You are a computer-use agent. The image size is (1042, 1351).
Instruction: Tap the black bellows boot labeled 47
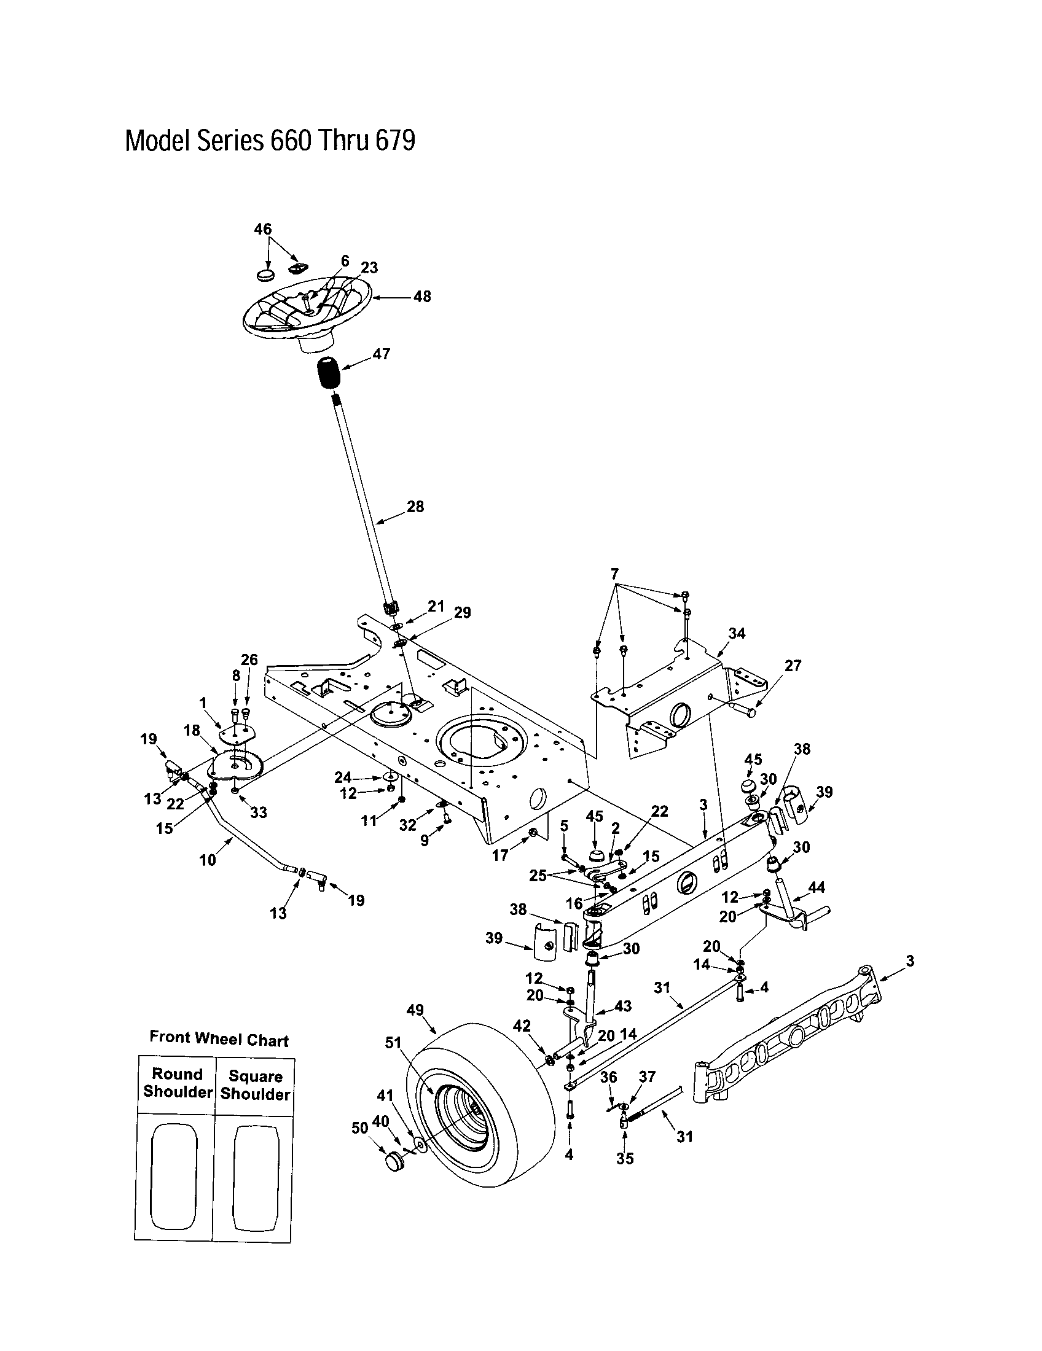(329, 373)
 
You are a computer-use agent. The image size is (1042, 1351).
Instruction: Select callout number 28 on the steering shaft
(415, 507)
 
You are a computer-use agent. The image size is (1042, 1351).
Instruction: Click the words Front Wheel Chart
(219, 1039)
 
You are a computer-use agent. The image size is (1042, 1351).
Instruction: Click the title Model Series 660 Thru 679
(270, 141)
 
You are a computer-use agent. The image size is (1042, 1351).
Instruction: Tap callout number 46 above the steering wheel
(262, 229)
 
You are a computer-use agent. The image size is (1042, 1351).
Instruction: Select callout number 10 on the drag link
(207, 859)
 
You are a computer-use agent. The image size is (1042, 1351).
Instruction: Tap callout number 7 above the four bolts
(614, 574)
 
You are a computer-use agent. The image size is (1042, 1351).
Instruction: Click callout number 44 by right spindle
(816, 888)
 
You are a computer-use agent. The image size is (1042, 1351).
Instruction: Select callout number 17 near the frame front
(499, 855)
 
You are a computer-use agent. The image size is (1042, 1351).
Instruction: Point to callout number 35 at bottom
(625, 1159)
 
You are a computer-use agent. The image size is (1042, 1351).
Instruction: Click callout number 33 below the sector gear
(258, 812)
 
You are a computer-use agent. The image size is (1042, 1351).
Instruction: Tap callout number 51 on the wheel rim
(394, 1042)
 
